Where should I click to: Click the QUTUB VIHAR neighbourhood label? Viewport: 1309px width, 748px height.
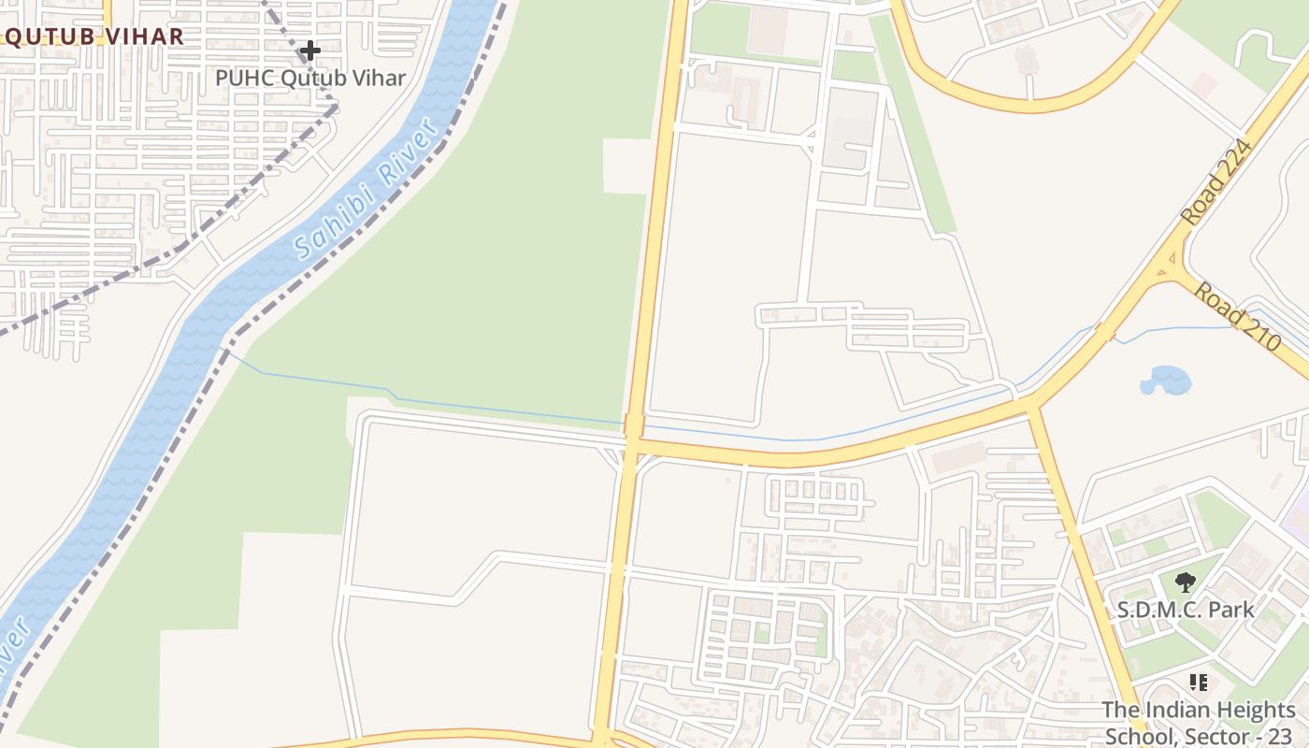[x=93, y=36]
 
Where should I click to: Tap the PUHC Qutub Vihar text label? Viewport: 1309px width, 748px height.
[x=310, y=78]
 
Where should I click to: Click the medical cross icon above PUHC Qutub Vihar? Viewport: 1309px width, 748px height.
[x=310, y=50]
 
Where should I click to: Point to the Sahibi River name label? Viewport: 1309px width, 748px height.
[x=367, y=190]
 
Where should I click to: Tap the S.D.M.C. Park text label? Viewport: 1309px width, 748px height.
[x=1186, y=610]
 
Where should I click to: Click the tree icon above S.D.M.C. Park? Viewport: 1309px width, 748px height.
[x=1186, y=583]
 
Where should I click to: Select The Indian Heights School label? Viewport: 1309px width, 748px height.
[x=1197, y=722]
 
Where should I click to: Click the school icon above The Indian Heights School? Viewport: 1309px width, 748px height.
[x=1198, y=683]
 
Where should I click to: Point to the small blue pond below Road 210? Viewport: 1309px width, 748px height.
[x=1166, y=381]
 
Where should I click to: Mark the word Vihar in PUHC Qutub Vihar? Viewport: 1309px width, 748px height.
[x=379, y=78]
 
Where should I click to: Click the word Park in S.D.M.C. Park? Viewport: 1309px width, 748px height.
[x=1230, y=610]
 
